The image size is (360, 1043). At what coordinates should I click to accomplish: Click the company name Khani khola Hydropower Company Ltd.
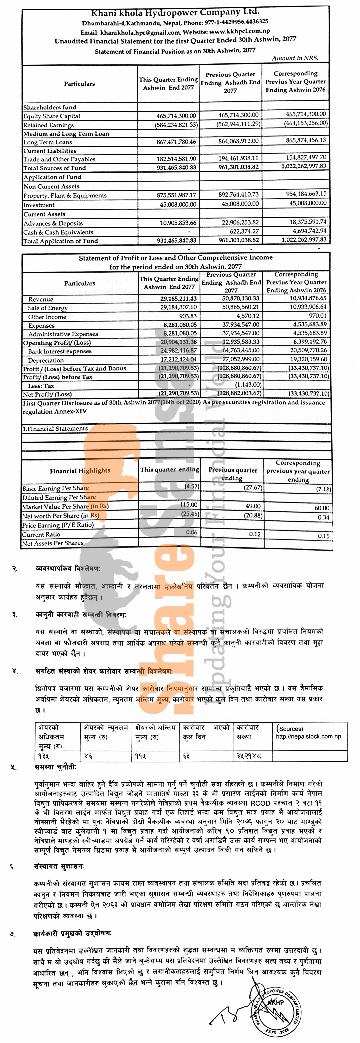175,13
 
